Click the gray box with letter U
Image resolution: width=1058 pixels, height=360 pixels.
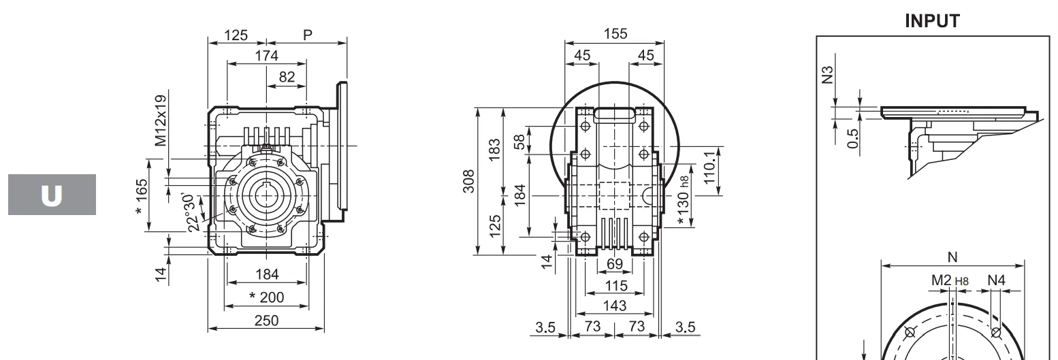pos(52,195)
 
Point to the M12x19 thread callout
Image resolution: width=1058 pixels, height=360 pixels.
pos(160,121)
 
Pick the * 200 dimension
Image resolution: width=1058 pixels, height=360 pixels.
pos(267,297)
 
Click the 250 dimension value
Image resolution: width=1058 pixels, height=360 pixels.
pos(266,319)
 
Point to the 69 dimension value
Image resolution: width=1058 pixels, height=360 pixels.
pos(615,264)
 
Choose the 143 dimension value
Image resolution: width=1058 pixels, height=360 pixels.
pos(615,306)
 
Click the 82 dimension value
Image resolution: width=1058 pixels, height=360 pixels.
pos(287,78)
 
